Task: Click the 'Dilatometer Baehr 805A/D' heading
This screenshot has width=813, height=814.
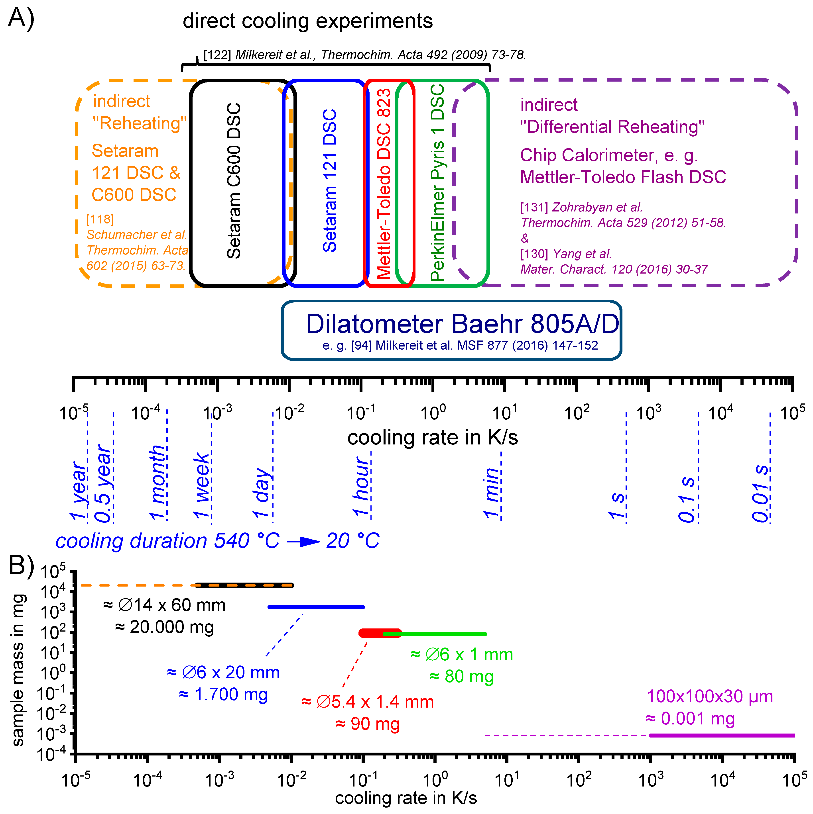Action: point(462,324)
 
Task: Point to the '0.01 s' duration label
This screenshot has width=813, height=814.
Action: point(761,493)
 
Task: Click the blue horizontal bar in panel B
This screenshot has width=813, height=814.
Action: point(316,607)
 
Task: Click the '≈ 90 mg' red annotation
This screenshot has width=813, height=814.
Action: point(367,724)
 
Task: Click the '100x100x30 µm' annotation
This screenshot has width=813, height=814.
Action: point(710,697)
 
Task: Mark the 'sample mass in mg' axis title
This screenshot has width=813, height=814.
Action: point(18,670)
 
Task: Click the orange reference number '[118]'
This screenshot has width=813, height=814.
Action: point(100,219)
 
